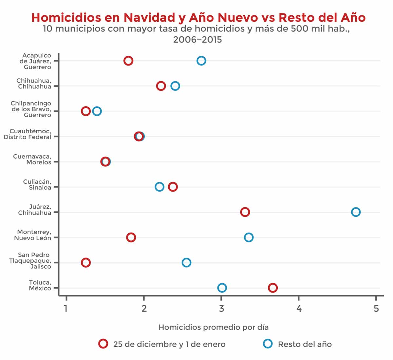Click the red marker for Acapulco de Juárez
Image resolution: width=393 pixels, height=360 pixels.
tap(128, 61)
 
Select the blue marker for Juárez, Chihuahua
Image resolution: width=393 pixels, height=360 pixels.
tap(356, 212)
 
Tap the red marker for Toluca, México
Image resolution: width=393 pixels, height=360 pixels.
tap(273, 288)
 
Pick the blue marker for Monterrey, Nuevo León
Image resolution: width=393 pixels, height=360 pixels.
tap(249, 237)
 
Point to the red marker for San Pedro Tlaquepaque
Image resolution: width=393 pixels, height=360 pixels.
tap(86, 262)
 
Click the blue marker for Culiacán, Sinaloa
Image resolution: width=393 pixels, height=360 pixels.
tap(159, 187)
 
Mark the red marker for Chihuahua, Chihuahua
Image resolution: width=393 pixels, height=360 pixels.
tap(161, 86)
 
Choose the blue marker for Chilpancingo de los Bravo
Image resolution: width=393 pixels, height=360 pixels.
tap(97, 111)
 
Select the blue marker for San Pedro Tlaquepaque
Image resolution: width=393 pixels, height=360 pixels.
tap(186, 262)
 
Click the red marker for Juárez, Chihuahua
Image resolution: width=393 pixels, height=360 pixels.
tap(245, 212)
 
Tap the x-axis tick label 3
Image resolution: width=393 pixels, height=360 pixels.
tap(222, 309)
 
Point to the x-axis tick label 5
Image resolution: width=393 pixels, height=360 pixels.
tap(376, 309)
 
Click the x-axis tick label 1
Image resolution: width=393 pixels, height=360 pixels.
tap(66, 309)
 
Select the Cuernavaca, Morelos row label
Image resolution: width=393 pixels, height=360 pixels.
tap(32, 159)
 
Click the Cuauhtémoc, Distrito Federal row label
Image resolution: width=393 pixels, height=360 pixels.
tap(28, 134)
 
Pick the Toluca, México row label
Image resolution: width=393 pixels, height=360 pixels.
tap(40, 285)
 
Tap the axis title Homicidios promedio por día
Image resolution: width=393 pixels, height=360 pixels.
tap(214, 327)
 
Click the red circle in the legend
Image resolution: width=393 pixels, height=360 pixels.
tap(103, 344)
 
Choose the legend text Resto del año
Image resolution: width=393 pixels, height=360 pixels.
tap(305, 344)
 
